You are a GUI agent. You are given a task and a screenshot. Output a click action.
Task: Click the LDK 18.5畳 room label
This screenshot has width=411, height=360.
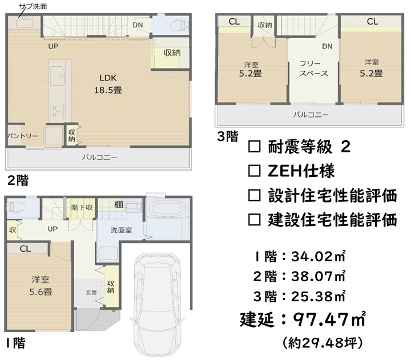click(108, 84)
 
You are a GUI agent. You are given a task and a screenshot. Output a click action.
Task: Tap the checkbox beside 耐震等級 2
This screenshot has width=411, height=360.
click(254, 147)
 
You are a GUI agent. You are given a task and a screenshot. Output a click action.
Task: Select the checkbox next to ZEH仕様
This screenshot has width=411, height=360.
click(254, 171)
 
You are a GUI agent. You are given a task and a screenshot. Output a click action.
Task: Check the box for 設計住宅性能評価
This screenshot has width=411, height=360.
click(254, 196)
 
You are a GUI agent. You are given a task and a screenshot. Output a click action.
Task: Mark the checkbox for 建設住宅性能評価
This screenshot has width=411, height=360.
click(254, 220)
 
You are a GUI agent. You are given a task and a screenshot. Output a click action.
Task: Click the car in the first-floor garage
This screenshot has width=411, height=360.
click(158, 304)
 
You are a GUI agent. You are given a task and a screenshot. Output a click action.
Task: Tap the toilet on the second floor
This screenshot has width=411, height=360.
click(180, 26)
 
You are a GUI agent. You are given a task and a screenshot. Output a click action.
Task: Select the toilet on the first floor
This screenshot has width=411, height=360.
click(15, 207)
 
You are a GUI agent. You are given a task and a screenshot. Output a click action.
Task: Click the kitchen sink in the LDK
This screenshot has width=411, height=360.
click(58, 76)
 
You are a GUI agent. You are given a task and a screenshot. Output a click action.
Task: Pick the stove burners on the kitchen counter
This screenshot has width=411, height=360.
click(57, 111)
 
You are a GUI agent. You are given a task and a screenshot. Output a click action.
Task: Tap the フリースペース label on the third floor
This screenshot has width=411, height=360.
click(313, 68)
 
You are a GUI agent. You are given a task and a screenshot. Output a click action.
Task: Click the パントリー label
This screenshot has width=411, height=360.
click(22, 136)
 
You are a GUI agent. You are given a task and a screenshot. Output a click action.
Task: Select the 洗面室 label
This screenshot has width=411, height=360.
click(121, 230)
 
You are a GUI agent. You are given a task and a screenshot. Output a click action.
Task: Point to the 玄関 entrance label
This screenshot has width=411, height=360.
click(91, 293)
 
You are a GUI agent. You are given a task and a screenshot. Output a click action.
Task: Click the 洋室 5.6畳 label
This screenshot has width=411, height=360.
click(41, 286)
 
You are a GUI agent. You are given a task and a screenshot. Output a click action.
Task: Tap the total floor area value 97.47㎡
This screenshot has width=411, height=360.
click(329, 319)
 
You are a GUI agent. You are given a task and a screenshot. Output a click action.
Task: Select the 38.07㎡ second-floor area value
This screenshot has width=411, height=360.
click(318, 277)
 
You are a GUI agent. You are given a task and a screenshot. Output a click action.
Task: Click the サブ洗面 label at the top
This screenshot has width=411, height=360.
click(33, 6)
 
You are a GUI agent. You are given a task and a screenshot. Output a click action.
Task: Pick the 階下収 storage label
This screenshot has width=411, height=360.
click(82, 208)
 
